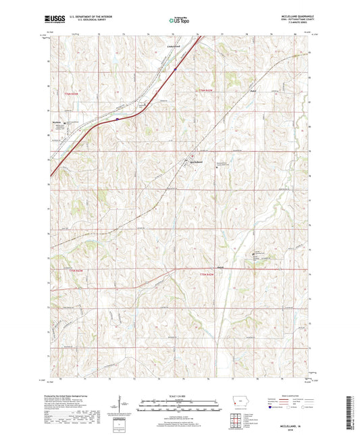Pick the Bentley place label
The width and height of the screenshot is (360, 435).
click(255, 90)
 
